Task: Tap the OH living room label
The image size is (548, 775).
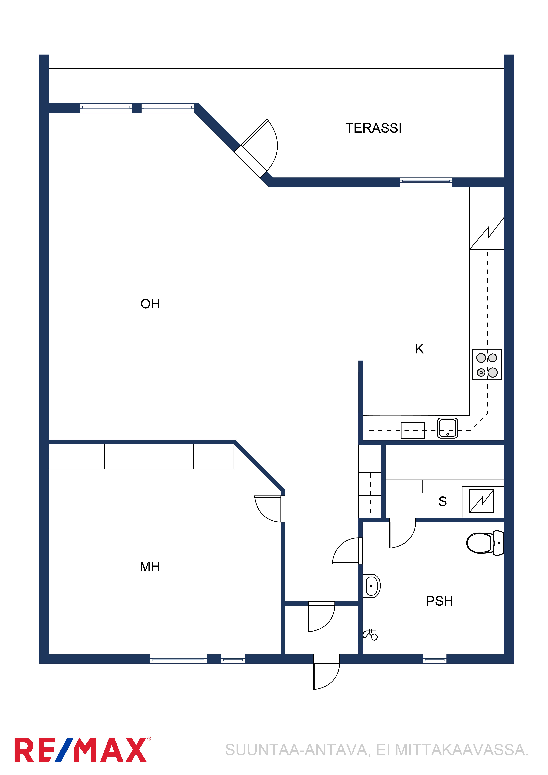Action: click(150, 304)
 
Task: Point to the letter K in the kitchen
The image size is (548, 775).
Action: click(419, 349)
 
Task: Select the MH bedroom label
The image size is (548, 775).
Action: click(150, 567)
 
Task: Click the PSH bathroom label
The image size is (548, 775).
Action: click(439, 601)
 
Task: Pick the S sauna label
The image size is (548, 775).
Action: click(443, 502)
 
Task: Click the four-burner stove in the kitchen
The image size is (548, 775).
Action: click(487, 365)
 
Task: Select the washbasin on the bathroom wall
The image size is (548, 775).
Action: click(371, 586)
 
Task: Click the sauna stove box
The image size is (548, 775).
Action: click(482, 501)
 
